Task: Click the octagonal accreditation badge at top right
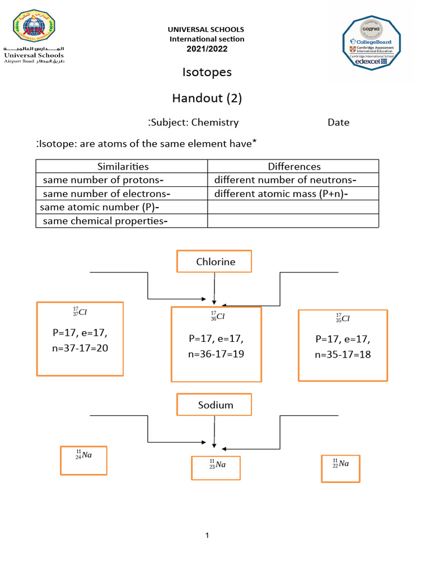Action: pos(371,44)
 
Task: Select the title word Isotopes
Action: pos(207,72)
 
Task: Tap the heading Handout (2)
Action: pos(207,98)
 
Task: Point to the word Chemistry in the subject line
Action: pos(215,123)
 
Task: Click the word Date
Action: pos(338,123)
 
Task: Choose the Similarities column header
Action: pos(123,166)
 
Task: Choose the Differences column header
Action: pos(294,166)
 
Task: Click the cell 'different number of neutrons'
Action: pos(286,180)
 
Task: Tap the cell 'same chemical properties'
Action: pos(105,221)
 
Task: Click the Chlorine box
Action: pos(215,262)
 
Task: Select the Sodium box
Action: pos(215,405)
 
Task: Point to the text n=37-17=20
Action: pos(80,348)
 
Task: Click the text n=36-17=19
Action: pos(216,354)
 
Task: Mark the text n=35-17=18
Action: pos(343,355)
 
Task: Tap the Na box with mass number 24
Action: pos(83,460)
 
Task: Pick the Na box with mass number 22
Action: pos(340,468)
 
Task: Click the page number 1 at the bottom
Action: pos(207,536)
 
